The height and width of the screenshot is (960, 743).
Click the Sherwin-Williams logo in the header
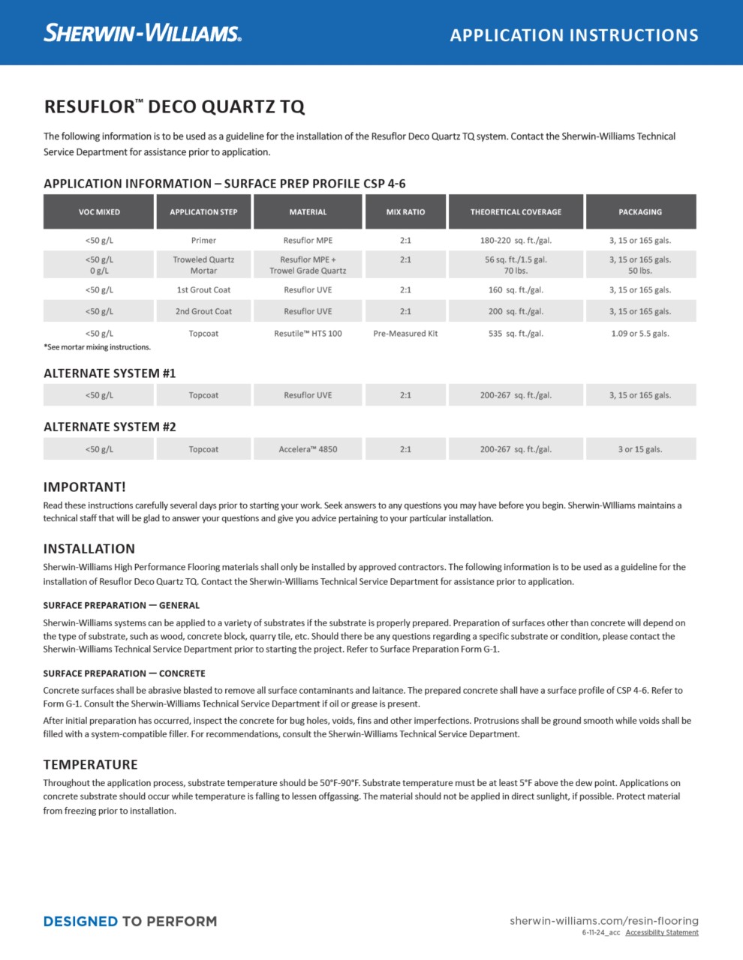click(143, 33)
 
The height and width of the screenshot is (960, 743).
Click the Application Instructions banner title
click(574, 35)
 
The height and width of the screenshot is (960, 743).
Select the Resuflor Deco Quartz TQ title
click(174, 106)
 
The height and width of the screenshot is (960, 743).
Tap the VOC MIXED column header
click(99, 212)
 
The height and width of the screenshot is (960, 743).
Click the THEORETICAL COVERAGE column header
click(516, 212)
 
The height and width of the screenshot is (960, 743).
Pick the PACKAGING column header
click(640, 212)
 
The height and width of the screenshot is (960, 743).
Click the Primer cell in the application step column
click(203, 241)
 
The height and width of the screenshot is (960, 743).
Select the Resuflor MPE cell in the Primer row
click(308, 241)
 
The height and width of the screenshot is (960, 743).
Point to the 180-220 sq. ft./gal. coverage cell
click(516, 241)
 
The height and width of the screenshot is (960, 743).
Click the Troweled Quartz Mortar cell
click(203, 265)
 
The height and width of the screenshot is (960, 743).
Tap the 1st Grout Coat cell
click(203, 290)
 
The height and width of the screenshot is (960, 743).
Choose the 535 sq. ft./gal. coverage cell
click(516, 334)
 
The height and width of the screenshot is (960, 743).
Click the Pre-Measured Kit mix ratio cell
click(405, 334)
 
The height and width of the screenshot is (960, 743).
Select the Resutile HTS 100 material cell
click(308, 334)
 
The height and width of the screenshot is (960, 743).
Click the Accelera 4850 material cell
click(308, 449)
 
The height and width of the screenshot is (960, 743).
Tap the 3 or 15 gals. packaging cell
click(640, 449)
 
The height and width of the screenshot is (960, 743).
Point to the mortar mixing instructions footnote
click(97, 347)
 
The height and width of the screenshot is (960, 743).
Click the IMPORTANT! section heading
click(84, 487)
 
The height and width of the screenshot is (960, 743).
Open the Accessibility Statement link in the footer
click(662, 933)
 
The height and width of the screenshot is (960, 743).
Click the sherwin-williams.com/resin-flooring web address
click(604, 920)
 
